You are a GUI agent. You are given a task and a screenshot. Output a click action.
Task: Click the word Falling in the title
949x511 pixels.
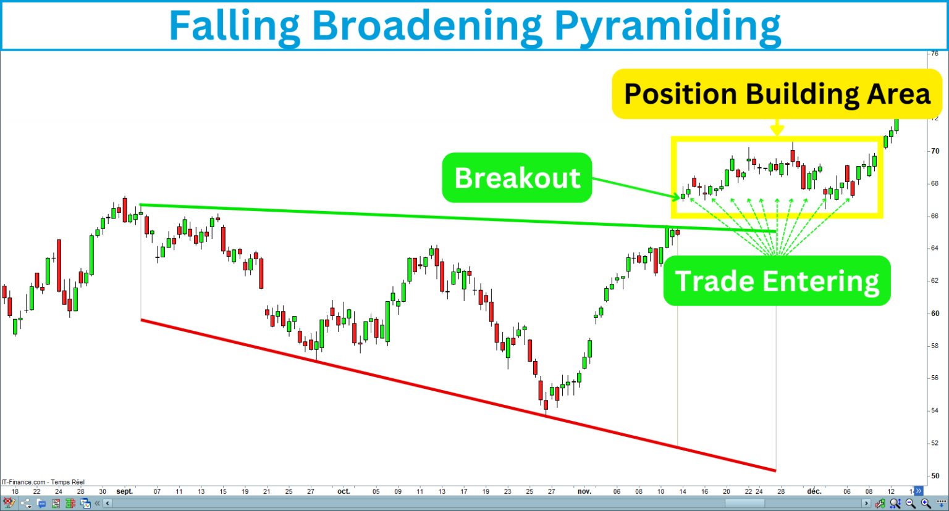point(234,25)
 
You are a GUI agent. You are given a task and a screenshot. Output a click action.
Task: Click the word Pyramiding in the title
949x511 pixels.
point(667,25)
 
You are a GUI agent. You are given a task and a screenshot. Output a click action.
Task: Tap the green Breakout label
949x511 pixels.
point(517,178)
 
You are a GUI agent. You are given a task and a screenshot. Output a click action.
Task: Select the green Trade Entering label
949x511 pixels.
point(777,281)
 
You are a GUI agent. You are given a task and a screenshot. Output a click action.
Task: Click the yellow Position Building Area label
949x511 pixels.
point(777,94)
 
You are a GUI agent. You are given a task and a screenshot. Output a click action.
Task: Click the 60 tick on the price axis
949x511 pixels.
point(935,314)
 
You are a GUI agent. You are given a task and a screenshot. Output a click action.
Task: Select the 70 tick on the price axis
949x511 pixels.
point(935,151)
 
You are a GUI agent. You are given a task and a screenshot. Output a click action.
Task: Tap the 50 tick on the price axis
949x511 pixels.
point(935,476)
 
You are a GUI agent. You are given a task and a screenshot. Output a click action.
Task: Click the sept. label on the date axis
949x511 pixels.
point(125,492)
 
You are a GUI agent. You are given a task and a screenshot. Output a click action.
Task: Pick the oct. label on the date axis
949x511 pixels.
point(344,492)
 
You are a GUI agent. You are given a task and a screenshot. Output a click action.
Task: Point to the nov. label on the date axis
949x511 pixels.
point(584,492)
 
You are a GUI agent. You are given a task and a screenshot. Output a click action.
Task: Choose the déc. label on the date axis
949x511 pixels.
point(814,492)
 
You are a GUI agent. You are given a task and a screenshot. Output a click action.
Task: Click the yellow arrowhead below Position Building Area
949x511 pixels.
point(777,130)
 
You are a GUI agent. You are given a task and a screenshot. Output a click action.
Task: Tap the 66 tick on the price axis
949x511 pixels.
point(935,216)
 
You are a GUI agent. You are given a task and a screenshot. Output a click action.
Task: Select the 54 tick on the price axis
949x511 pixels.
point(935,410)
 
